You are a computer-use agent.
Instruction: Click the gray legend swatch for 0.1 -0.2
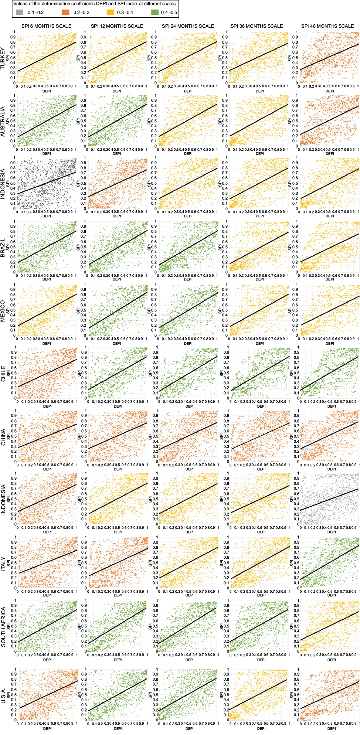tap(20, 12)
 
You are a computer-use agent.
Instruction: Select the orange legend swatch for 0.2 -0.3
tap(66, 12)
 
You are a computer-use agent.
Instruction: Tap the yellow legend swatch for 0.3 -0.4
tap(111, 12)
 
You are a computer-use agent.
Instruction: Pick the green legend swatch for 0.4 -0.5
tap(155, 12)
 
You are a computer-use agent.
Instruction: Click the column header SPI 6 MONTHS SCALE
tap(46, 26)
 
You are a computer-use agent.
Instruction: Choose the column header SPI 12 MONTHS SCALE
tap(117, 26)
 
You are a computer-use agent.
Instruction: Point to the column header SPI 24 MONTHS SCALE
tap(188, 26)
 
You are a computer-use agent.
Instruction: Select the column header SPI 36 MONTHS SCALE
tap(257, 26)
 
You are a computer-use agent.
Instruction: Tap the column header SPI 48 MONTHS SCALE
tap(327, 26)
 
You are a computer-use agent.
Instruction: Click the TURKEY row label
tap(3, 58)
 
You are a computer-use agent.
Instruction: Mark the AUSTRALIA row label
tap(3, 122)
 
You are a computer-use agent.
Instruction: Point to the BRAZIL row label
tap(3, 248)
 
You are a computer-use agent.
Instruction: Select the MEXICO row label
tap(3, 311)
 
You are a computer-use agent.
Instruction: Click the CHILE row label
tap(3, 374)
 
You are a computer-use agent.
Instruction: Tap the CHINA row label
tap(3, 437)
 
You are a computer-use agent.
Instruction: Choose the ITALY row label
tap(3, 564)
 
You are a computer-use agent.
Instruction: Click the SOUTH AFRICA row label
tap(3, 627)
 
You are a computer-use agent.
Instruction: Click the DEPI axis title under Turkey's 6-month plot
tap(47, 91)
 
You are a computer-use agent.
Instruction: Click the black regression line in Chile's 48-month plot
tap(329, 373)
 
